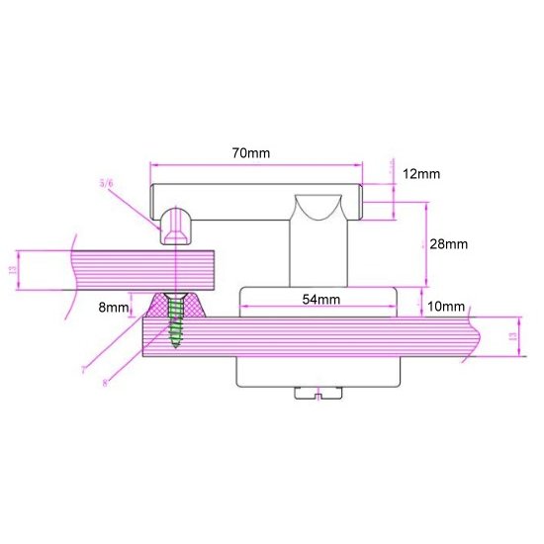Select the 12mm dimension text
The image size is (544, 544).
420,174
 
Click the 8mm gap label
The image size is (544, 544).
114,308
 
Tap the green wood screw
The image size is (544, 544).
176,322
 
